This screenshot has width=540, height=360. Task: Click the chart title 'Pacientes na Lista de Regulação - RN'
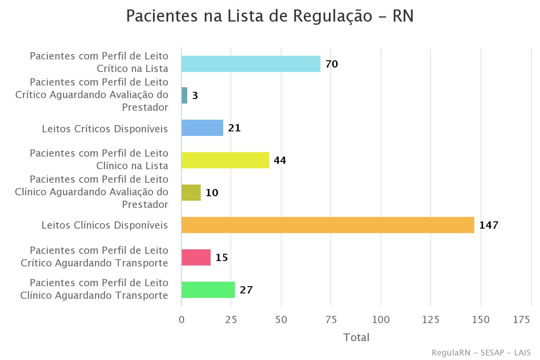click(270, 16)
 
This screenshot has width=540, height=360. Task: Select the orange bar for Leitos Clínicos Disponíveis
click(328, 225)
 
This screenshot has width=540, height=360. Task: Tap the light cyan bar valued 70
click(251, 64)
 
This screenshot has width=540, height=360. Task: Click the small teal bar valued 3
click(184, 95)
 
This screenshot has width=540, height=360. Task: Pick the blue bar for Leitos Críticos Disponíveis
click(202, 128)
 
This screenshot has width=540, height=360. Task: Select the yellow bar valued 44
click(225, 160)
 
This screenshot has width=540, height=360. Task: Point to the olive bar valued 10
click(191, 193)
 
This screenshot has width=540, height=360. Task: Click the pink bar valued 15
click(196, 257)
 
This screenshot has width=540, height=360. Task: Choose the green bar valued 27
click(208, 290)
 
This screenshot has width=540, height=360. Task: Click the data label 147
click(489, 225)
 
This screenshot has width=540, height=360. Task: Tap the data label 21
click(234, 128)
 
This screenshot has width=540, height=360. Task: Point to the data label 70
click(332, 64)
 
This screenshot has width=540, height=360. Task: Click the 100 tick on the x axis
click(381, 319)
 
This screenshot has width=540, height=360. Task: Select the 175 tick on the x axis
click(522, 319)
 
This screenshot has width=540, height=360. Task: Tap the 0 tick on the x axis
click(182, 319)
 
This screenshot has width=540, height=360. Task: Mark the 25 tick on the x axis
click(231, 319)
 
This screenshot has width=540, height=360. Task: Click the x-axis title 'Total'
click(356, 337)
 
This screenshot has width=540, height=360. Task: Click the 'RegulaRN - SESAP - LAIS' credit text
click(481, 352)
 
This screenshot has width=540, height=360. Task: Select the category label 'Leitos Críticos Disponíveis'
click(105, 129)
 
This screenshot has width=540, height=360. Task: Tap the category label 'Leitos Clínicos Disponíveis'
click(105, 225)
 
